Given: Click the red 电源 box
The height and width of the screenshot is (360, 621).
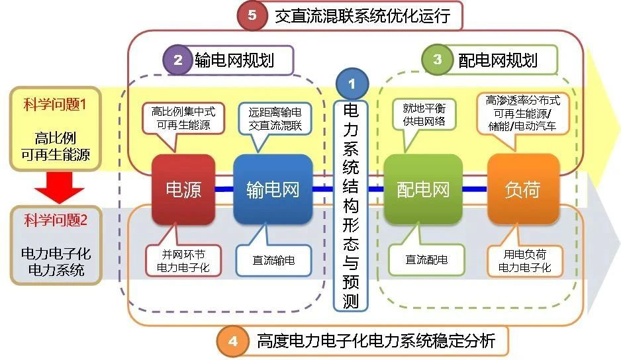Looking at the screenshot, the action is pos(183,189).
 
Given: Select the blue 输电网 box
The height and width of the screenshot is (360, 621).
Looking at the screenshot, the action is pos(273,189).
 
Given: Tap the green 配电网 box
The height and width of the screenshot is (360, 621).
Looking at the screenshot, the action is pos(423,189).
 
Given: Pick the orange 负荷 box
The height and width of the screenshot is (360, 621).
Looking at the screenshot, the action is pos(523,189).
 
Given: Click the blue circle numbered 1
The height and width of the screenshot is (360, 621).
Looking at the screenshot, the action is pos(352,83).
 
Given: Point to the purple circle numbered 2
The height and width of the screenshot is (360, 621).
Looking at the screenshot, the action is pos(178,60).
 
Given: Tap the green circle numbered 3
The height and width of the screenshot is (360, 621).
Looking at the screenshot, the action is pos(437,60).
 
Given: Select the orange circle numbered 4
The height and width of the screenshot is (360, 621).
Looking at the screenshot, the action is pos(233,341).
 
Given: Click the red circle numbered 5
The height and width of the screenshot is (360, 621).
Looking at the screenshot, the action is pos(252,15).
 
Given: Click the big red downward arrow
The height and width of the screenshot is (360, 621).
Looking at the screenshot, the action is pos(59,187).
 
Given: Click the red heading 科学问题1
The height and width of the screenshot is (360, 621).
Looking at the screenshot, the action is pos(55,105).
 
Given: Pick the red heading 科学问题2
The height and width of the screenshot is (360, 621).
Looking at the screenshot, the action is pos(56,220).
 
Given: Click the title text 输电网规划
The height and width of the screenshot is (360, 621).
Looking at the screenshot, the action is pos(234,61).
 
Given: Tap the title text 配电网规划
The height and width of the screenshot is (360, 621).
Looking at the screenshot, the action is pos(498,61).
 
